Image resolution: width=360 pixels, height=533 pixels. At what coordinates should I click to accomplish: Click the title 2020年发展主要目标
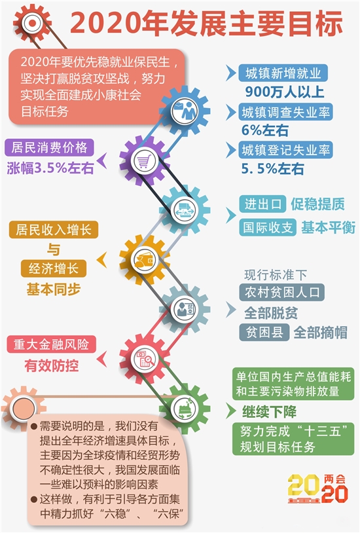[206, 23]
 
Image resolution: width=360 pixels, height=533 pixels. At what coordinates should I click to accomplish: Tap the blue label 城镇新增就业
[283, 73]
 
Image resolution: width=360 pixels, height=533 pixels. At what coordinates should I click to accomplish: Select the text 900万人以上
[285, 92]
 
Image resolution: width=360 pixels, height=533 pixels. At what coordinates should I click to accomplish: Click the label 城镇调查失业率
[285, 113]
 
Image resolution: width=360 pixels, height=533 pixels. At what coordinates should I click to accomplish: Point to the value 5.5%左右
[272, 169]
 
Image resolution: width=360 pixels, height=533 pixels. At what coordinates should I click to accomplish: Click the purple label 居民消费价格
[49, 148]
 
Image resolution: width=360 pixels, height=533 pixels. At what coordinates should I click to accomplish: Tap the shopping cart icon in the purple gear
[144, 161]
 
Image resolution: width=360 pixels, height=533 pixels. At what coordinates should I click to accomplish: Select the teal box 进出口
[262, 204]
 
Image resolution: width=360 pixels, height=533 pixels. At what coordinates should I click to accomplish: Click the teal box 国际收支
[268, 227]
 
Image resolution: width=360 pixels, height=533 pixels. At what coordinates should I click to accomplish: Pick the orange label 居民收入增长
[54, 230]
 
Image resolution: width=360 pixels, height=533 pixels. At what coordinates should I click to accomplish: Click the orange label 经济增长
[54, 269]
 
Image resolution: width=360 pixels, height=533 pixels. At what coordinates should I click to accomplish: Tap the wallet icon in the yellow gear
[145, 261]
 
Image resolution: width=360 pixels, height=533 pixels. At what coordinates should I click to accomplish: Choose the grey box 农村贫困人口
[282, 292]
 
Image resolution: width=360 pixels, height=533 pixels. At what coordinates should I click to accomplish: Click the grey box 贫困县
[264, 332]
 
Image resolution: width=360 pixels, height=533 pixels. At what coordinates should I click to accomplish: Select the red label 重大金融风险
[51, 344]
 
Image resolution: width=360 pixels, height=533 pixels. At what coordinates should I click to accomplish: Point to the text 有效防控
[51, 366]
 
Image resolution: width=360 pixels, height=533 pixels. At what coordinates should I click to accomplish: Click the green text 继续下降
[269, 412]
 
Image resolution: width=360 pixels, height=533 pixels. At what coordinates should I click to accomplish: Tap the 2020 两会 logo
[317, 489]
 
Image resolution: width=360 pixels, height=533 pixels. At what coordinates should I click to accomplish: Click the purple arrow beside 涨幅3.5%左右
[102, 161]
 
